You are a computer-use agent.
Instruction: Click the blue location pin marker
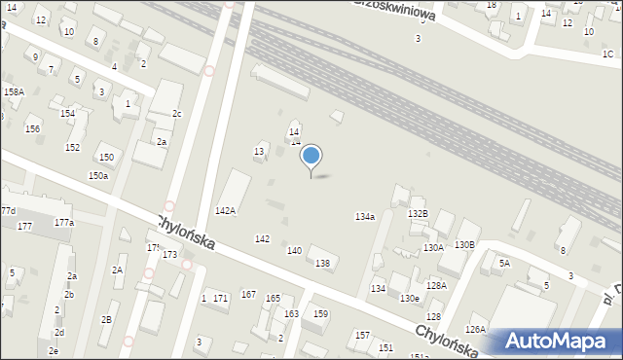[x=311, y=156]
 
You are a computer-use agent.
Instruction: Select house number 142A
[x=225, y=210]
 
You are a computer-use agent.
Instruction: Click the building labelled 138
[x=322, y=263]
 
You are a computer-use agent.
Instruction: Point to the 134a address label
[x=365, y=217]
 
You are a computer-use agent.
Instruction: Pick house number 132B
[x=418, y=213]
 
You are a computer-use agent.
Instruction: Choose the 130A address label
[x=433, y=248]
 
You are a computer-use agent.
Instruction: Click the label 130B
[x=464, y=244]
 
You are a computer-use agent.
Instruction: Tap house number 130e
[x=410, y=298]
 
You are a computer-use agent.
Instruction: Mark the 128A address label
[x=436, y=285]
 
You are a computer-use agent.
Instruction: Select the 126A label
[x=475, y=330]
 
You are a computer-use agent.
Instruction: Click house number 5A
[x=504, y=263]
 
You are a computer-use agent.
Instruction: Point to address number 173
[x=170, y=255]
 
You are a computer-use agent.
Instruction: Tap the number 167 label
[x=248, y=294]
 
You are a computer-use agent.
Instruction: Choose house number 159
[x=320, y=313]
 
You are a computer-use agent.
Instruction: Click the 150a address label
[x=97, y=175]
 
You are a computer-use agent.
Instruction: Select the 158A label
[x=14, y=91]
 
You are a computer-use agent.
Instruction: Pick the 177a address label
[x=64, y=223]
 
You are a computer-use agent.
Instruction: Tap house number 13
[x=259, y=152]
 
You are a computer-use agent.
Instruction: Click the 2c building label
[x=176, y=114]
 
